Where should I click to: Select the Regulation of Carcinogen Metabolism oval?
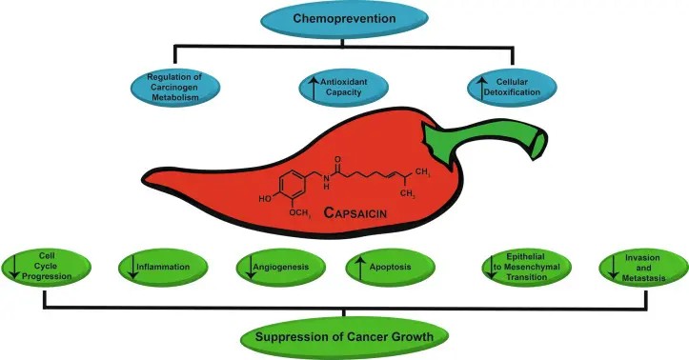click(x=172, y=90)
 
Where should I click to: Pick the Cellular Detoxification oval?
click(x=516, y=90)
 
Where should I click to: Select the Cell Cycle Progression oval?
click(x=47, y=267)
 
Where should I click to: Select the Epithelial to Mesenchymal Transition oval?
click(x=523, y=267)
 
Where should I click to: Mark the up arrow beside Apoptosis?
click(x=359, y=267)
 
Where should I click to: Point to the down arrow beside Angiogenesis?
click(x=246, y=268)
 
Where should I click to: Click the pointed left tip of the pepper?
click(x=145, y=176)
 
